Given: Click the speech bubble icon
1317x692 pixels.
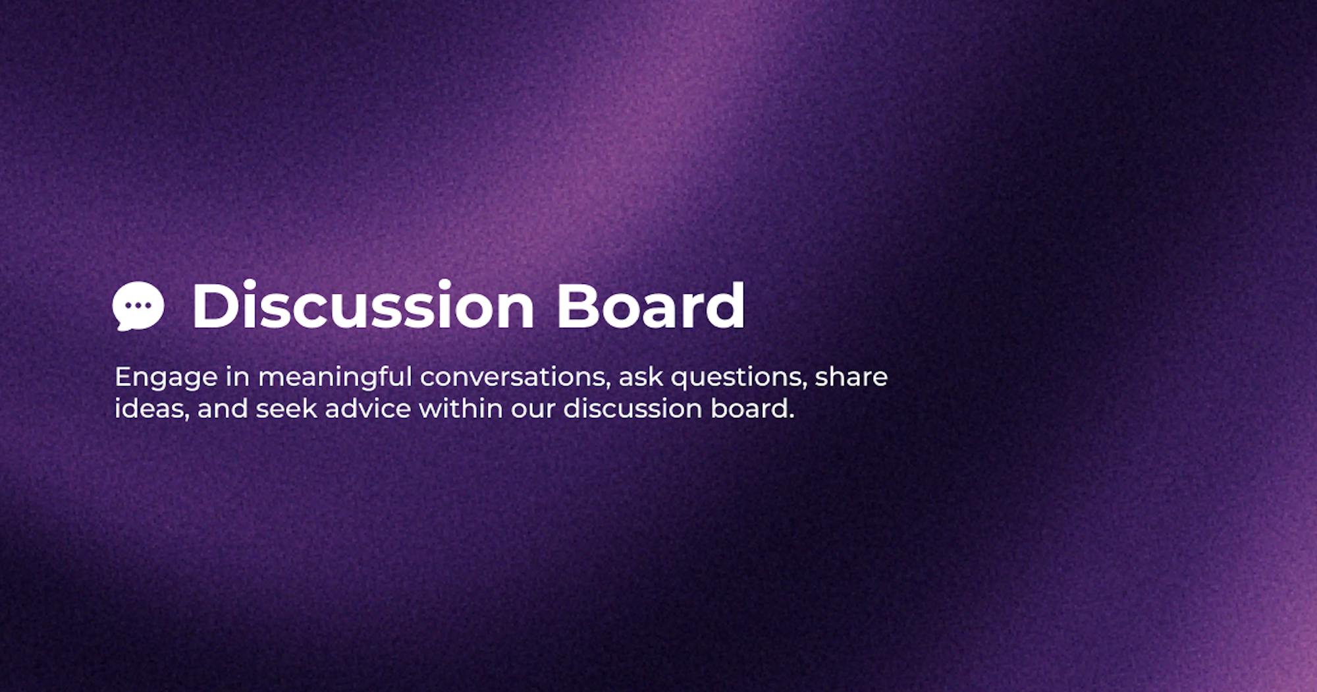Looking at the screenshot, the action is pyautogui.click(x=138, y=306).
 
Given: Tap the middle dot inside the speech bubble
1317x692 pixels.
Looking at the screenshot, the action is pyautogui.click(x=138, y=305).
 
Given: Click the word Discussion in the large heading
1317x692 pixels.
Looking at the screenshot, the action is pyautogui.click(x=363, y=305).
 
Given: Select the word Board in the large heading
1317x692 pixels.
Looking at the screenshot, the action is pyautogui.click(x=651, y=305).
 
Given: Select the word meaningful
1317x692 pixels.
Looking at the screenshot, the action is pyautogui.click(x=335, y=378).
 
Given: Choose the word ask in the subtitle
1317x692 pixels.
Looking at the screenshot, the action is pyautogui.click(x=639, y=377).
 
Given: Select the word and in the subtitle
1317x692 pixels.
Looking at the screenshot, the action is pyautogui.click(x=222, y=409).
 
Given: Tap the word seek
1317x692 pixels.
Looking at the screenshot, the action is pyautogui.click(x=286, y=409).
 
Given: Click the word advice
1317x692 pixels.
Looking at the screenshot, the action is pyautogui.click(x=368, y=409).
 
